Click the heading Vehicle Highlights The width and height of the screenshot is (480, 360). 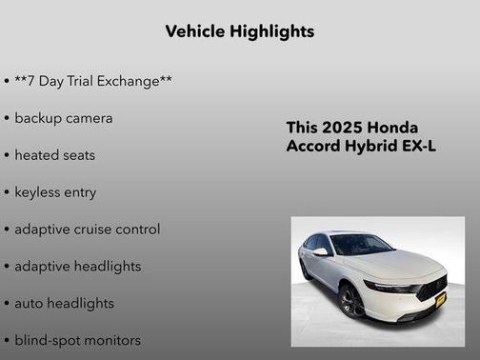click(x=239, y=31)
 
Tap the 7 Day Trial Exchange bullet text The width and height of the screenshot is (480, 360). click(x=93, y=81)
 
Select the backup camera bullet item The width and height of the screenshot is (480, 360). click(x=63, y=118)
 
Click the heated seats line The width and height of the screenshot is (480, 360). click(x=54, y=155)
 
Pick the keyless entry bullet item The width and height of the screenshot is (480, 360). click(x=55, y=192)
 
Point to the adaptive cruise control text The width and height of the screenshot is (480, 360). click(x=87, y=230)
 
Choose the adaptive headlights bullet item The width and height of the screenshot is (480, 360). click(x=77, y=267)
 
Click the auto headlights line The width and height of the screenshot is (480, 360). click(x=64, y=303)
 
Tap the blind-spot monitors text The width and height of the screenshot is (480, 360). click(x=77, y=340)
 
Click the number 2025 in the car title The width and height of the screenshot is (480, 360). click(x=342, y=128)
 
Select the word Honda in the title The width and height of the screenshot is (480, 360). click(x=392, y=128)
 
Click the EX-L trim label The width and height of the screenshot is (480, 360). click(x=420, y=147)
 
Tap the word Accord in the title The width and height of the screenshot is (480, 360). click(x=313, y=147)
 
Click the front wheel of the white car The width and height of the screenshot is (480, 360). click(x=350, y=302)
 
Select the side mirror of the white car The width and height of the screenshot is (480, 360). click(x=322, y=252)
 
